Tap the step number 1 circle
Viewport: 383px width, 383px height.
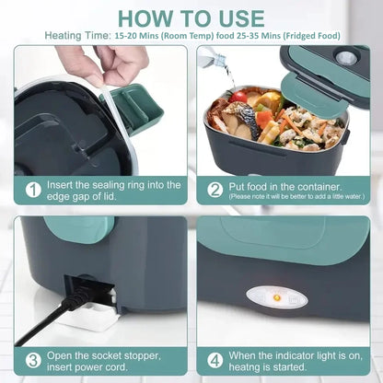coord(33,190)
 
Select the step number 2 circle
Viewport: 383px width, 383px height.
coord(215,189)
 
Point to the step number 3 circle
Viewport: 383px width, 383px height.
coord(33,360)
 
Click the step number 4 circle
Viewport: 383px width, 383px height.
coord(215,360)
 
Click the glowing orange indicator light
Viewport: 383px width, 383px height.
coord(273,297)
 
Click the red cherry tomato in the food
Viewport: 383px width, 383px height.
coord(240,97)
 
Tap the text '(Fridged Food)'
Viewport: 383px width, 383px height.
coord(313,36)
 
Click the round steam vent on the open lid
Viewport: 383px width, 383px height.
coord(345,58)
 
